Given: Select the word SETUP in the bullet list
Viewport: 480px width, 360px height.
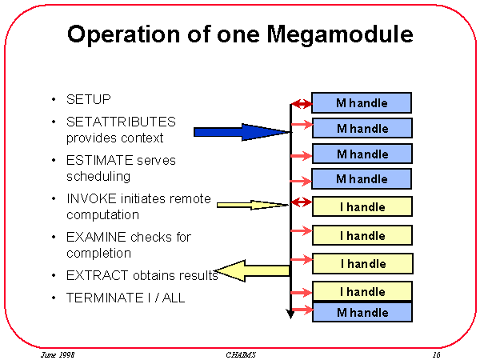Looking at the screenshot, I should (88, 100).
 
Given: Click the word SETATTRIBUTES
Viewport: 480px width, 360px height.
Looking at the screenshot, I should (121, 122).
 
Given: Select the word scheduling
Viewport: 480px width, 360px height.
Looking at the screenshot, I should (98, 176).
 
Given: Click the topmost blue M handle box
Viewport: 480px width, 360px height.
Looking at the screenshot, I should (362, 102).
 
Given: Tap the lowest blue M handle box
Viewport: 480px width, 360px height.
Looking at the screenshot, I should (362, 313).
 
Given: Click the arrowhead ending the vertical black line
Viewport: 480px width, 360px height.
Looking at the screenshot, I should (290, 314).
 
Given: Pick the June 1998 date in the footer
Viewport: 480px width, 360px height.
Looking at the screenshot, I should (58, 354).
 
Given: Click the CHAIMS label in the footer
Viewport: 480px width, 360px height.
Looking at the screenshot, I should (239, 354).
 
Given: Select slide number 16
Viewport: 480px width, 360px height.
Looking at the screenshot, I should (436, 354).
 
